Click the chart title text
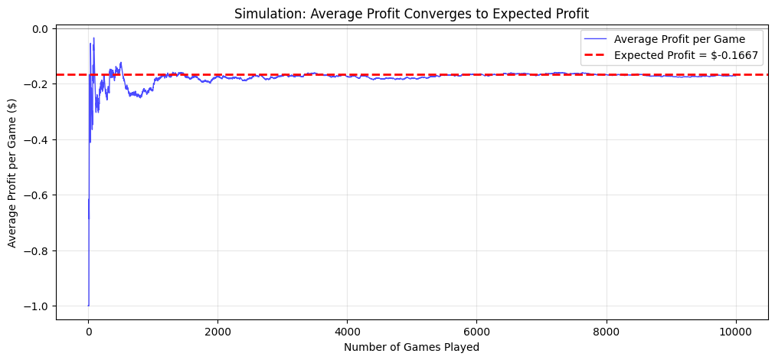point(412,13)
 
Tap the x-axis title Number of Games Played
point(412,347)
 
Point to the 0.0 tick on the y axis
point(40,29)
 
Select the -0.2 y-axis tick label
point(38,84)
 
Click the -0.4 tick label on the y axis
point(38,140)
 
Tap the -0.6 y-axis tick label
point(38,195)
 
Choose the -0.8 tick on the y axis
point(38,251)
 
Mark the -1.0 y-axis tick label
point(38,306)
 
